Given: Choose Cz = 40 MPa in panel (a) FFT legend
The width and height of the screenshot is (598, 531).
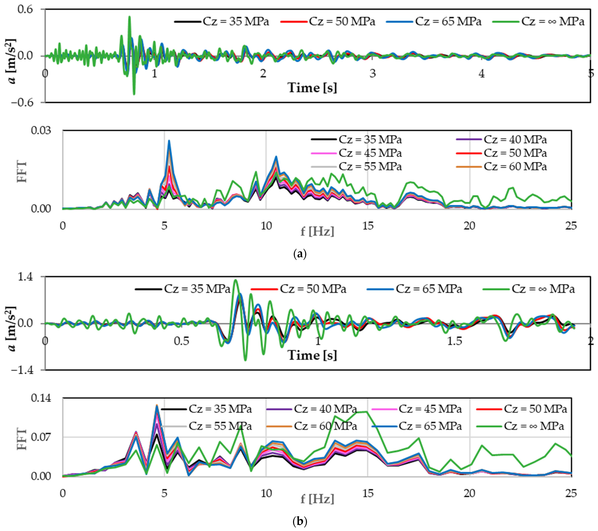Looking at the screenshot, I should pyautogui.click(x=515, y=140).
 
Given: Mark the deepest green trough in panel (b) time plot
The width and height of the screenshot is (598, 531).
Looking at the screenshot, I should pyautogui.click(x=245, y=360).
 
